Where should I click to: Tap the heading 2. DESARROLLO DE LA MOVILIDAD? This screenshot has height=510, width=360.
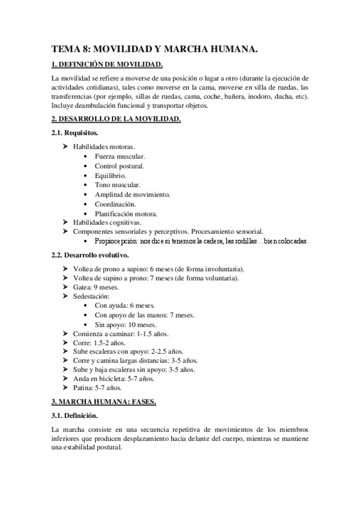116,120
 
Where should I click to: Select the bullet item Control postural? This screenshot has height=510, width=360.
119,166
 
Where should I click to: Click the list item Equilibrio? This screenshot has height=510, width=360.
111,176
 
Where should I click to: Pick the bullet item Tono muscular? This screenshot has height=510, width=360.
117,185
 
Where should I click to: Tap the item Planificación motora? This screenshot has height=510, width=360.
126,214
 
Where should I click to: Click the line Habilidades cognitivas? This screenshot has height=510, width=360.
107,223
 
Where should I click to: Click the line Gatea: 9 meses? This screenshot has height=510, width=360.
96,287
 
